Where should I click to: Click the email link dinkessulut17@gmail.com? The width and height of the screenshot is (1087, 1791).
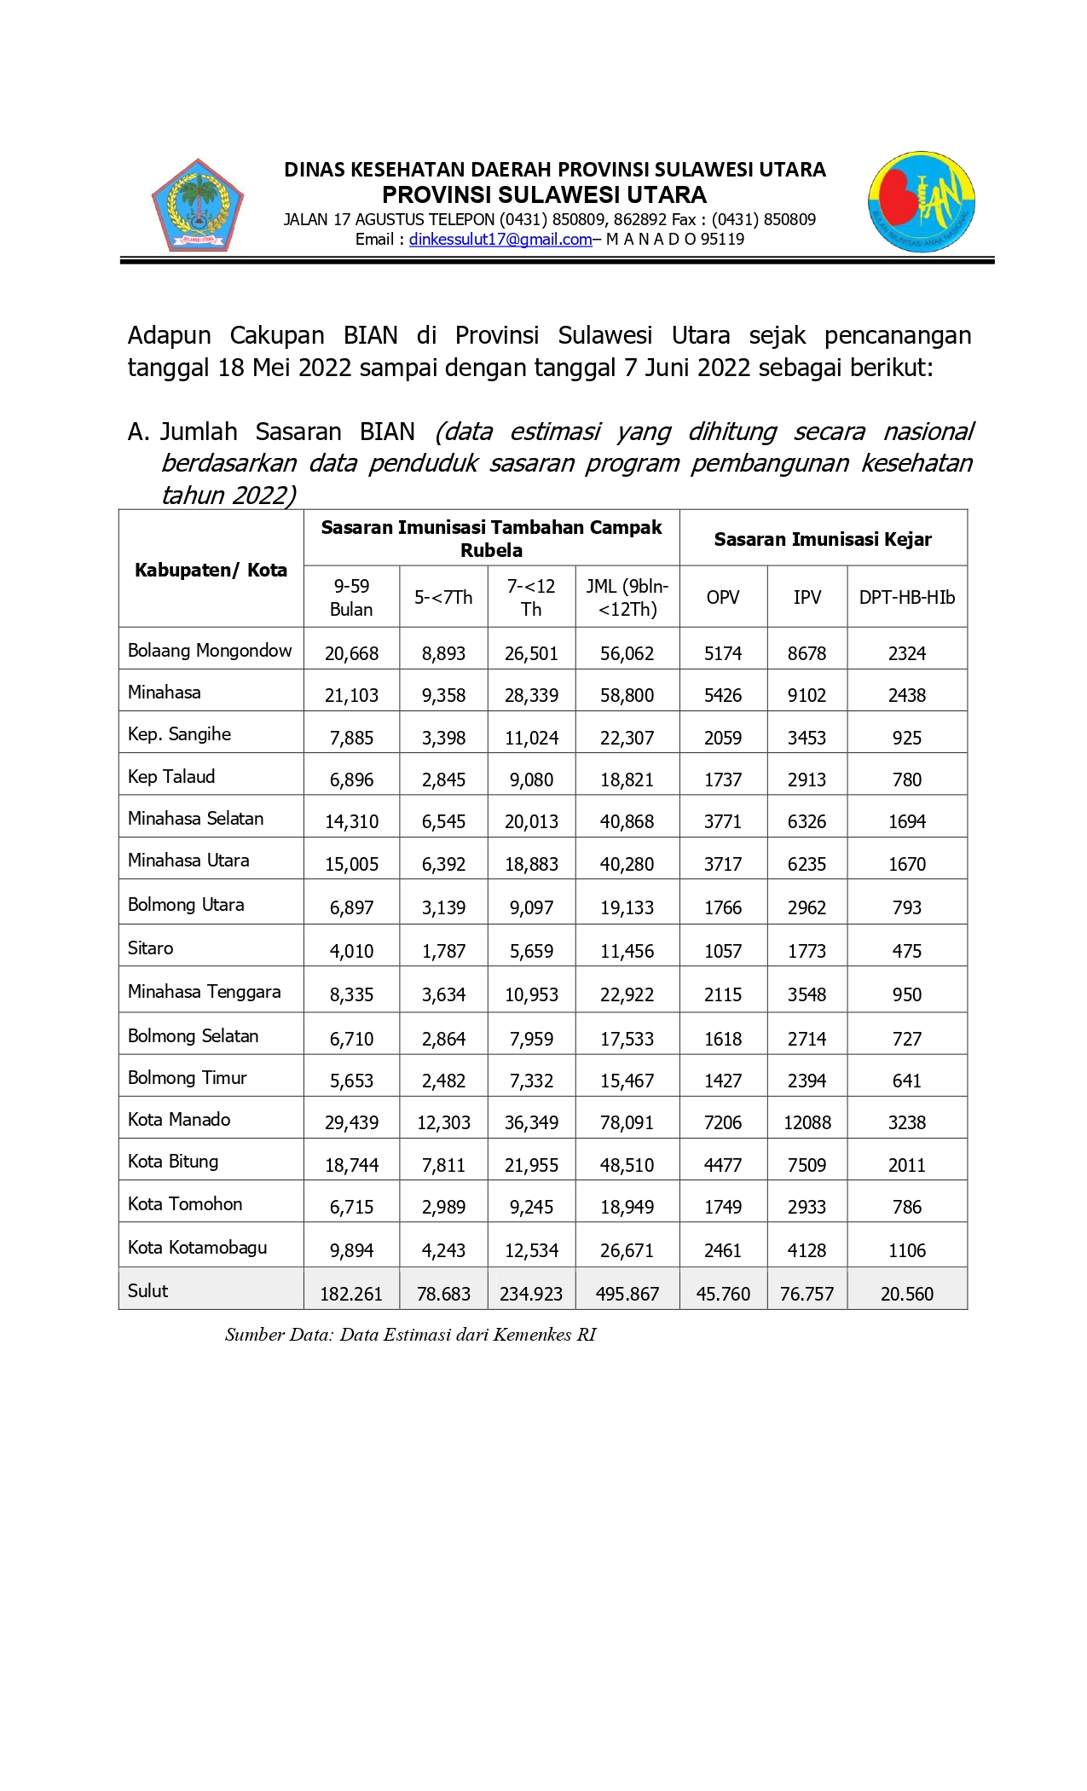pyautogui.click(x=500, y=240)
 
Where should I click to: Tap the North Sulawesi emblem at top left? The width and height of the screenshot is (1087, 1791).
pyautogui.click(x=198, y=205)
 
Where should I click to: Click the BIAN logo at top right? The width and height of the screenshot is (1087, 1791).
pyautogui.click(x=922, y=202)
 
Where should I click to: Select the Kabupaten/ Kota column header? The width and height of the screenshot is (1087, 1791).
pyautogui.click(x=211, y=570)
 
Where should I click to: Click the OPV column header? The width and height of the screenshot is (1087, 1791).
pyautogui.click(x=723, y=597)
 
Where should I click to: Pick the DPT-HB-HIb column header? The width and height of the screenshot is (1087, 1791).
pyautogui.click(x=906, y=597)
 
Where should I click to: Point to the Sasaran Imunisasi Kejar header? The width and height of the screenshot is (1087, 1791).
pyautogui.click(x=823, y=539)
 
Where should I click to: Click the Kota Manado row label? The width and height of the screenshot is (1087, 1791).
pyautogui.click(x=179, y=1119)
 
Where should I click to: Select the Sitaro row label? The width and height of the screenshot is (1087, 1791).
pyautogui.click(x=150, y=948)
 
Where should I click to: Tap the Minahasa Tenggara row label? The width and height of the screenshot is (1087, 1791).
pyautogui.click(x=204, y=991)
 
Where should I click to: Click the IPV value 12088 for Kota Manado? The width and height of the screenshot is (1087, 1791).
pyautogui.click(x=807, y=1122)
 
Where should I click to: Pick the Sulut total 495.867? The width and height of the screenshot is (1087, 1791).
pyautogui.click(x=627, y=1294)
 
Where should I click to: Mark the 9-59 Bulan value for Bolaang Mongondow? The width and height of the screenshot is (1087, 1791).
pyautogui.click(x=351, y=653)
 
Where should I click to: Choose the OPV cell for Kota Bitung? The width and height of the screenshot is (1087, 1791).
pyautogui.click(x=723, y=1165)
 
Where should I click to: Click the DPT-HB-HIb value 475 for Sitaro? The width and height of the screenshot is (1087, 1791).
pyautogui.click(x=906, y=951)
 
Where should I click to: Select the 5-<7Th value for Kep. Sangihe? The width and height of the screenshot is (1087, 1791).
pyautogui.click(x=443, y=738)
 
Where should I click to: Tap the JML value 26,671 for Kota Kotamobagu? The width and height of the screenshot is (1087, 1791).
pyautogui.click(x=627, y=1250)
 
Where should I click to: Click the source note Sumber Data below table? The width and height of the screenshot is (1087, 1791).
pyautogui.click(x=410, y=1335)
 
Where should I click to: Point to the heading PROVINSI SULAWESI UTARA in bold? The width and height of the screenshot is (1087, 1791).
pyautogui.click(x=544, y=194)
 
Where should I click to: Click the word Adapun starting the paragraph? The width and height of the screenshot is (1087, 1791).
pyautogui.click(x=169, y=335)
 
